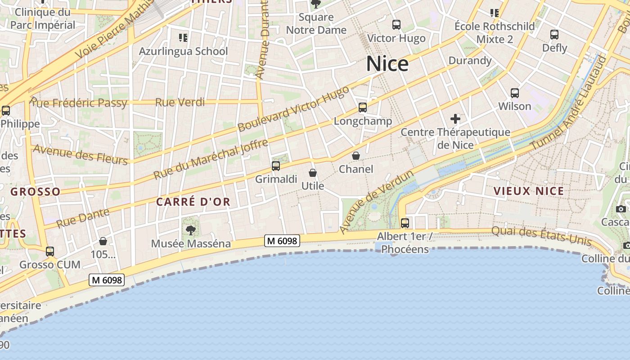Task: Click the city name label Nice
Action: click(x=387, y=64)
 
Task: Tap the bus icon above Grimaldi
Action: click(x=276, y=166)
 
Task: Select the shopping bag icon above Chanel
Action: click(x=356, y=156)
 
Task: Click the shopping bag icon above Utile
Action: click(x=312, y=172)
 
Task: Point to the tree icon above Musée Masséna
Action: click(x=191, y=230)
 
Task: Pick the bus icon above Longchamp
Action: click(x=363, y=108)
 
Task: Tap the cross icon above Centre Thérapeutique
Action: click(x=455, y=119)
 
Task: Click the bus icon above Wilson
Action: click(x=515, y=93)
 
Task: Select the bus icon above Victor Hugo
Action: click(x=396, y=25)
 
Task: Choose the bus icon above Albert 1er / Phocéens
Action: click(x=405, y=223)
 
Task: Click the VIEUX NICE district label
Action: click(x=529, y=191)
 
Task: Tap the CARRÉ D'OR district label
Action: click(x=193, y=202)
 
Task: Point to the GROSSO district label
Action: click(x=35, y=192)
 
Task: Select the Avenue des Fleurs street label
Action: click(x=80, y=154)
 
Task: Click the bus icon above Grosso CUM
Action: click(x=50, y=252)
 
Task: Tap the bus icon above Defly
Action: click(x=554, y=35)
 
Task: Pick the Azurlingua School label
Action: click(x=183, y=51)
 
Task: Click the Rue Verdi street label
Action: click(x=180, y=102)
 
